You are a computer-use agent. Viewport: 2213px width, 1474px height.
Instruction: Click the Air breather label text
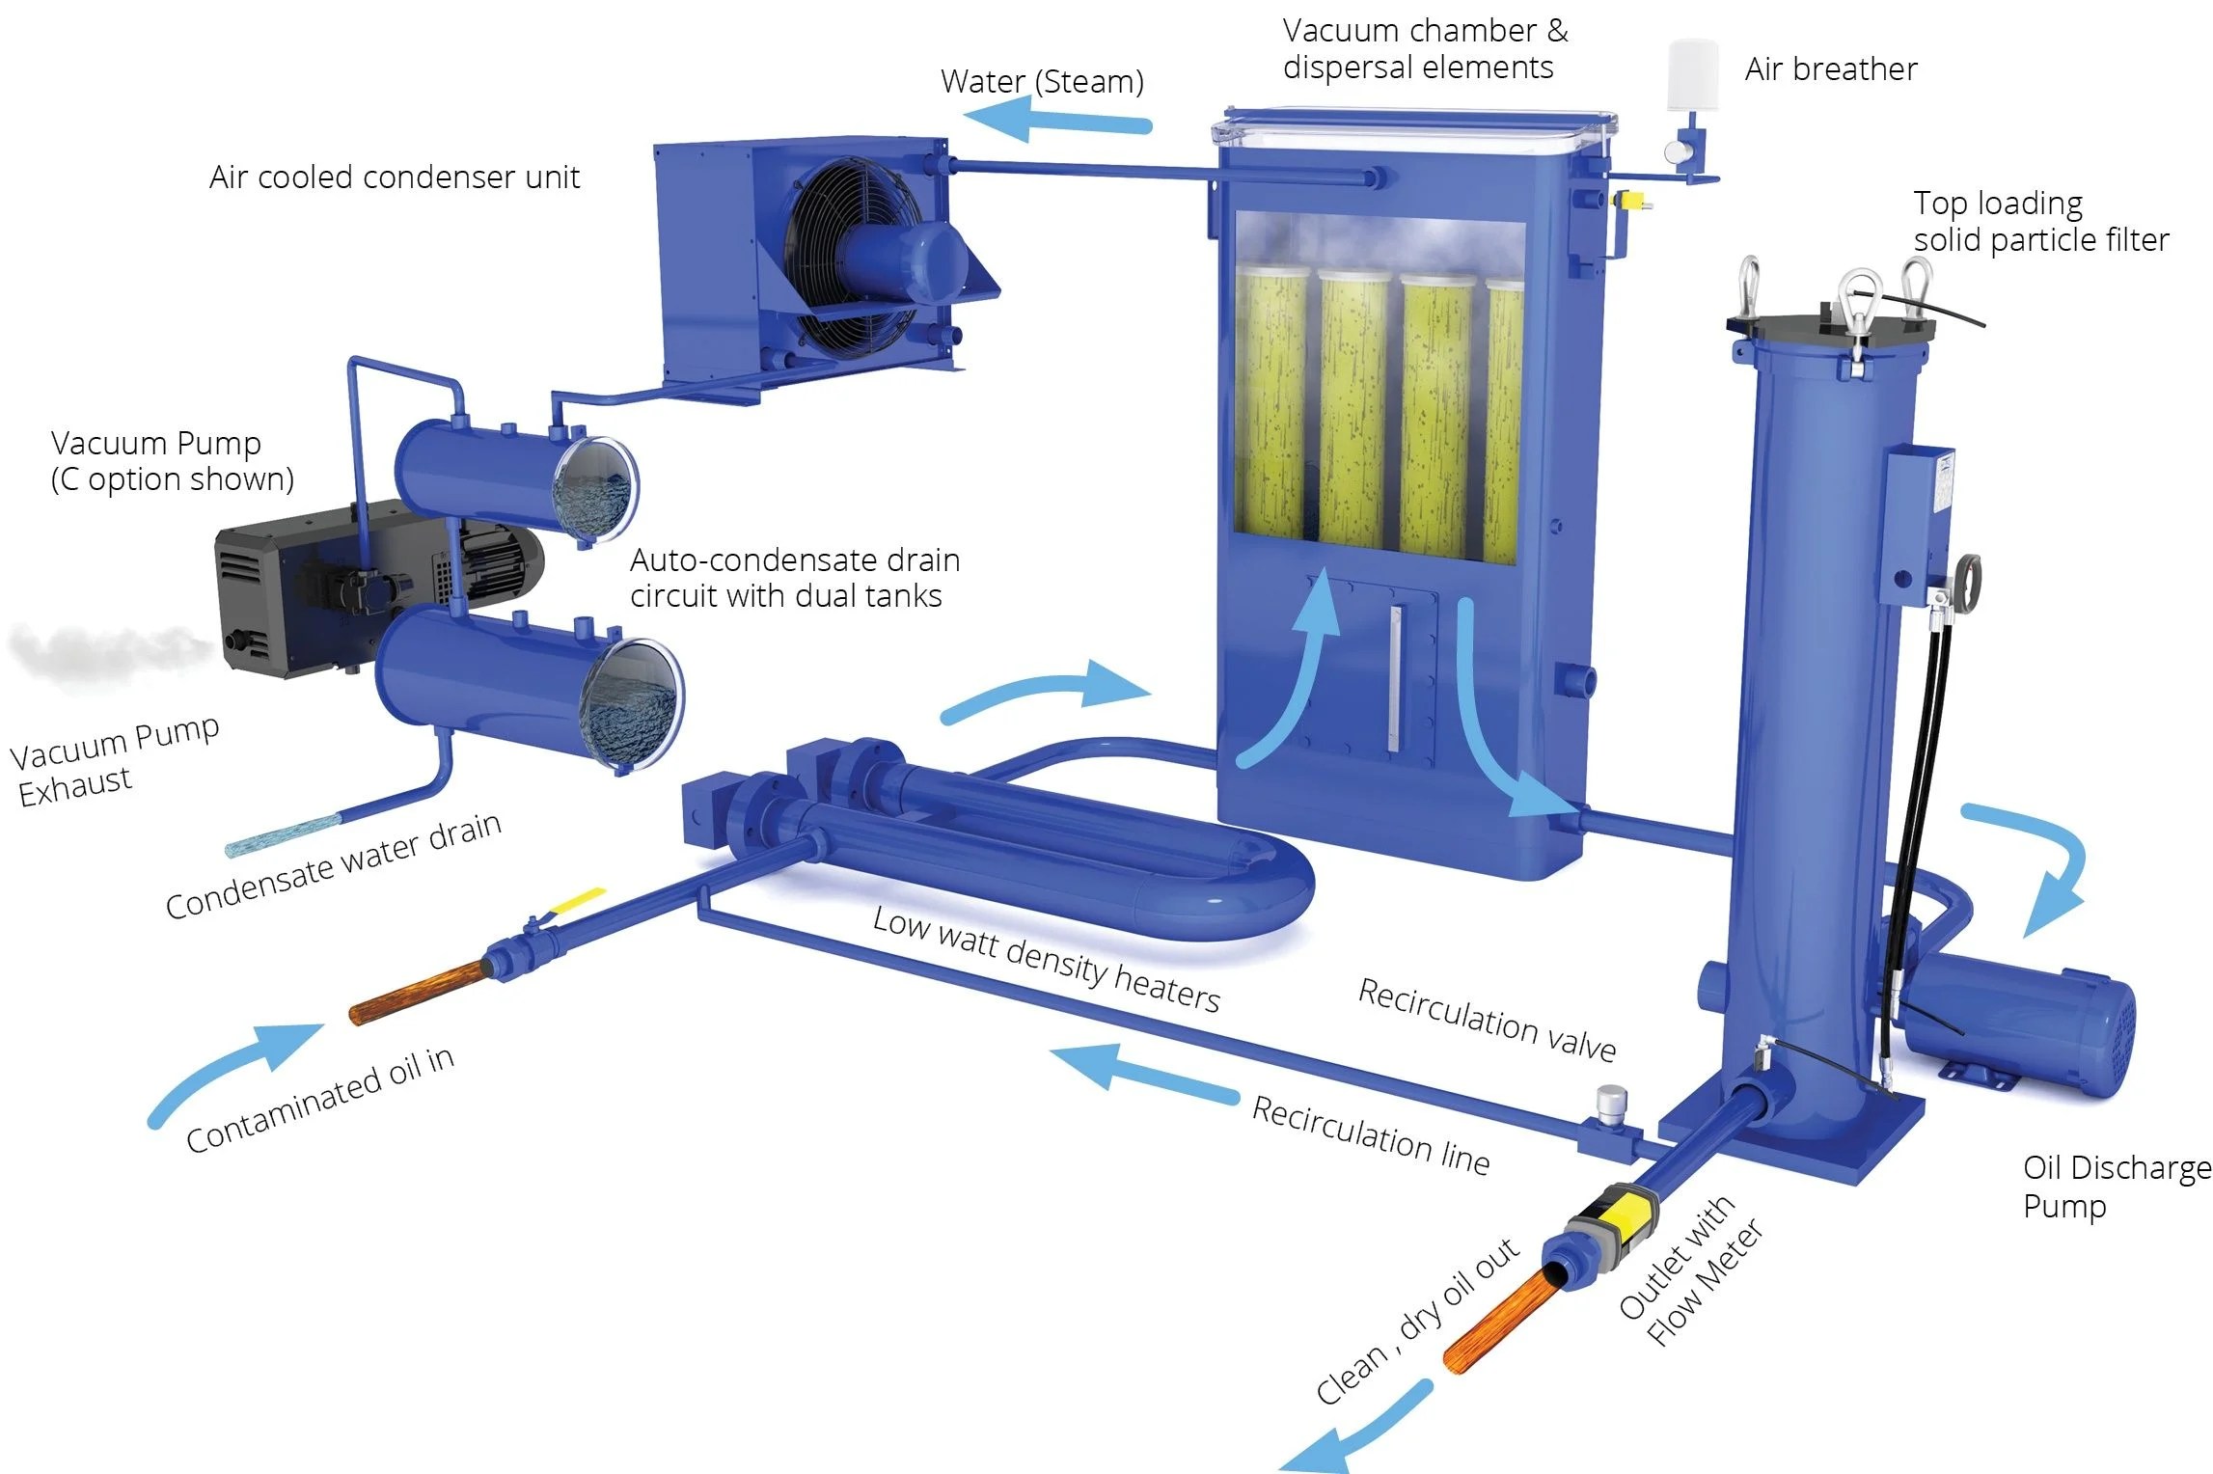[x=1830, y=69]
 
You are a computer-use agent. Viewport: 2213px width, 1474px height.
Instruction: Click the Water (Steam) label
[x=1042, y=82]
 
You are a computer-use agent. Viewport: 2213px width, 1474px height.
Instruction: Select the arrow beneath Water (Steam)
[x=1056, y=123]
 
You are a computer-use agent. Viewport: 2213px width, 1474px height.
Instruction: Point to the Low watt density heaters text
[x=1046, y=960]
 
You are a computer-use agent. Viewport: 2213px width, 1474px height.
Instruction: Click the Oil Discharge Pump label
[x=2115, y=1187]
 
